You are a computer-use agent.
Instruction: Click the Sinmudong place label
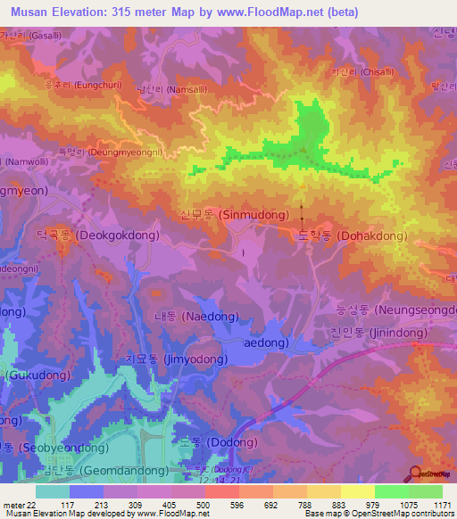pos(235,215)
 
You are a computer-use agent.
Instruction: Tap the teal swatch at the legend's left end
pos(53,491)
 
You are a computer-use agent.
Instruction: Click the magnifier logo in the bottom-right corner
pos(415,475)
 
